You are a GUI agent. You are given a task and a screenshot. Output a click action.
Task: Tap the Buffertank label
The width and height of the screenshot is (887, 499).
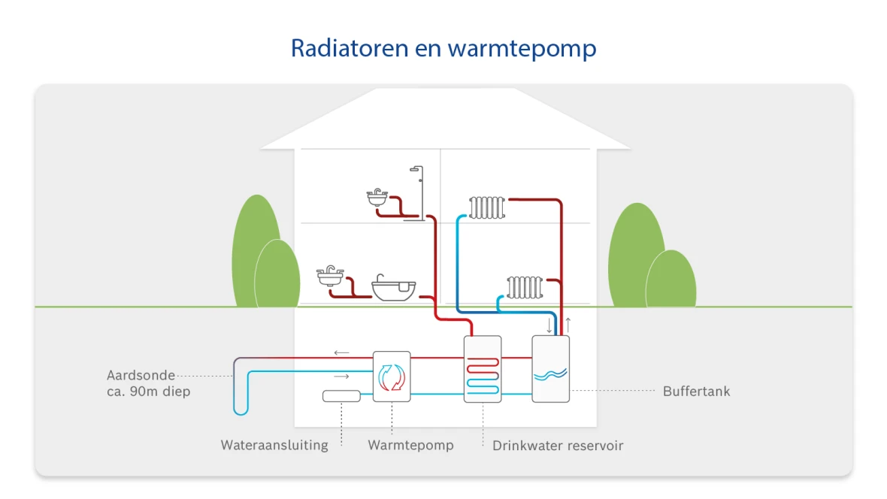696,392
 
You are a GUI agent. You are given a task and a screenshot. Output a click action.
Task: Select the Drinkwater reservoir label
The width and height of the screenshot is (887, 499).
558,446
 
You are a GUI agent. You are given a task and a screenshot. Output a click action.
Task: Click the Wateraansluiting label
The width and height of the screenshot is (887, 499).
274,445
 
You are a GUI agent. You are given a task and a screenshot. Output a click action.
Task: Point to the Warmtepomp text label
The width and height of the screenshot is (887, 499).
410,445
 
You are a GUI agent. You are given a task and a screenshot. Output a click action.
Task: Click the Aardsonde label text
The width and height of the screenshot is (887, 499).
141,375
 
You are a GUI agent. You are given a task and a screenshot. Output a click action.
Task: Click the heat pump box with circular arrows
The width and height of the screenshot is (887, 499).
392,377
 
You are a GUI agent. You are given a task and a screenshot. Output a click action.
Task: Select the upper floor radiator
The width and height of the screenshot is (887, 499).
487,207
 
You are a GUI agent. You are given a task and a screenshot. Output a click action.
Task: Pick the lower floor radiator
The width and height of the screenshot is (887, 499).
524,286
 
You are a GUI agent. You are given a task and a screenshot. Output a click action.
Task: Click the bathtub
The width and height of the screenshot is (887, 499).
394,289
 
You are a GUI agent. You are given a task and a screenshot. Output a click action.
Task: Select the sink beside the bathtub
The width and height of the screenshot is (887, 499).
330,276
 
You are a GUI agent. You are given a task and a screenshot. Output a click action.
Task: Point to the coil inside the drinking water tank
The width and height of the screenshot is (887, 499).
482,375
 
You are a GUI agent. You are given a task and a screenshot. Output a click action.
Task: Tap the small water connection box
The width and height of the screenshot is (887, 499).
341,396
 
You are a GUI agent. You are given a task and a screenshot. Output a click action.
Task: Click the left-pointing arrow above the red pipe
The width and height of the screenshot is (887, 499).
341,352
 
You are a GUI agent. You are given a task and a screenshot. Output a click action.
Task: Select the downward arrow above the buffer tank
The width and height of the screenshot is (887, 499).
549,325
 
